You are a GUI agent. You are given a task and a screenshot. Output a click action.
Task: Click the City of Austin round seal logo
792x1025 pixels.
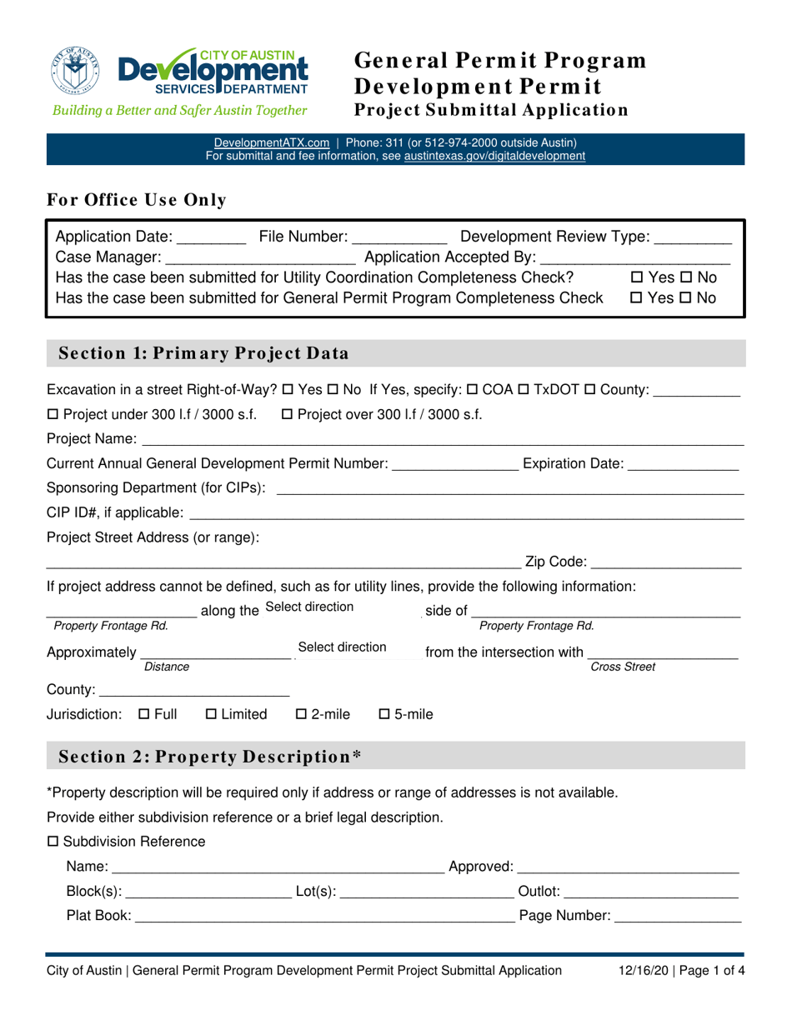(x=75, y=70)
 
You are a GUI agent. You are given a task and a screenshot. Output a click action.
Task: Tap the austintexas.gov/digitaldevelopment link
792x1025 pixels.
(x=494, y=156)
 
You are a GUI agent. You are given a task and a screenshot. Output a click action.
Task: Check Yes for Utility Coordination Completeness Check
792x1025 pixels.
(x=637, y=277)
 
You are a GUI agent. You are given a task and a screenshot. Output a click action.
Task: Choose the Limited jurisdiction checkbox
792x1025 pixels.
(x=210, y=714)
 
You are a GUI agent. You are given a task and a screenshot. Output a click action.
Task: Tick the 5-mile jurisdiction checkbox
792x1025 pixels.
(x=384, y=714)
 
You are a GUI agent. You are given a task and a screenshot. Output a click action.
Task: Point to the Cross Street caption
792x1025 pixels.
(x=622, y=667)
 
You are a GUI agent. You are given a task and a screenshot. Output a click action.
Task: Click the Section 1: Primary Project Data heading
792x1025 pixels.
(x=202, y=352)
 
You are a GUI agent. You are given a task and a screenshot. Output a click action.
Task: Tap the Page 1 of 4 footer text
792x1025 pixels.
(x=709, y=970)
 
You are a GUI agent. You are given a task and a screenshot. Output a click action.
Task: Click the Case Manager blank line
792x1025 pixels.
(x=260, y=258)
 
